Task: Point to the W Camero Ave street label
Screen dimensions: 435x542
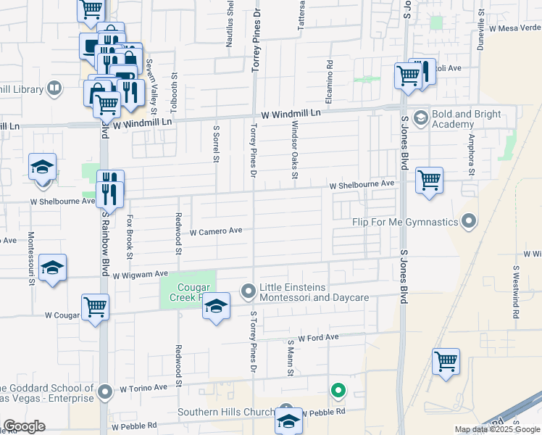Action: pyautogui.click(x=216, y=233)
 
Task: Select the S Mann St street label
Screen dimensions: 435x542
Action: pyautogui.click(x=290, y=359)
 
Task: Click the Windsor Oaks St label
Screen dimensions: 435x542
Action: pyautogui.click(x=295, y=149)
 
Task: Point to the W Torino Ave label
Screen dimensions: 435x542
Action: pyautogui.click(x=143, y=388)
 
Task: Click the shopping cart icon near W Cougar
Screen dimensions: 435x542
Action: pyautogui.click(x=95, y=307)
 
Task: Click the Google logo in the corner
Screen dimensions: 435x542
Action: pyautogui.click(x=23, y=426)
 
